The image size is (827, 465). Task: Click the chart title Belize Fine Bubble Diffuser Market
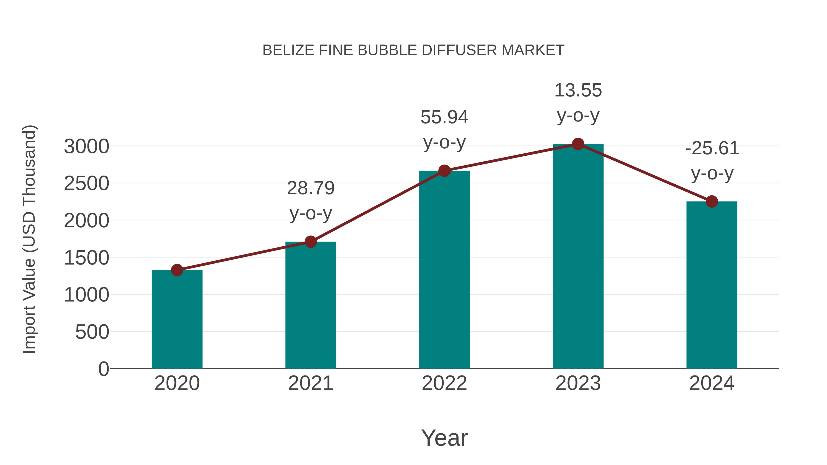[x=413, y=50]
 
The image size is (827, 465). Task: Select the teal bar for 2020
[x=177, y=319]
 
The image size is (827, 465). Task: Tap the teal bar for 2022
[x=444, y=270]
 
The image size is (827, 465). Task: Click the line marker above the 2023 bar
[x=578, y=144]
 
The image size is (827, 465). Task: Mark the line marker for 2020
[x=177, y=270]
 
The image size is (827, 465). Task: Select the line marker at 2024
[x=712, y=202]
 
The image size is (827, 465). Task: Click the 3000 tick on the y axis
[x=86, y=147]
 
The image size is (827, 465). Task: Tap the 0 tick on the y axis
[x=103, y=369]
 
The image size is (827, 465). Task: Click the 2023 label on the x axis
[x=578, y=383]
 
